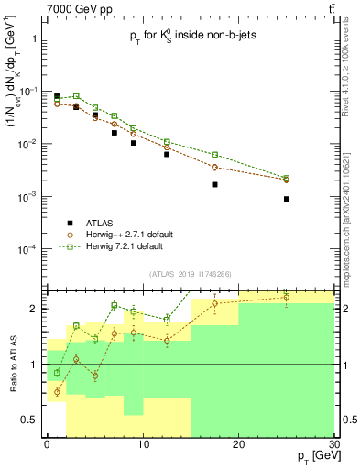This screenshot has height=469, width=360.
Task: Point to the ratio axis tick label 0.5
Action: [x=30, y=420]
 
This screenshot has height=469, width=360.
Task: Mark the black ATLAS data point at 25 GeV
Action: [x=286, y=199]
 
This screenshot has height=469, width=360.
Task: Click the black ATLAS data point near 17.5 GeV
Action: [x=214, y=184]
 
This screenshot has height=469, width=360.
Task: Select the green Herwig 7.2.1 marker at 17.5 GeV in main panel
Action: [x=214, y=155]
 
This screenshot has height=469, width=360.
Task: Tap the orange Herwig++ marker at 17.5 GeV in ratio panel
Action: [x=214, y=303]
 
